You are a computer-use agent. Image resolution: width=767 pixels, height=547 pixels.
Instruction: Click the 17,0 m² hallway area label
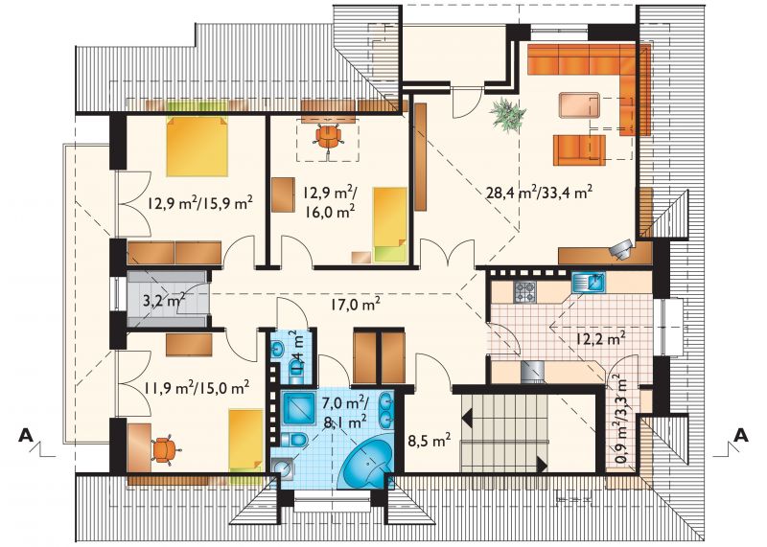pyautogui.click(x=354, y=304)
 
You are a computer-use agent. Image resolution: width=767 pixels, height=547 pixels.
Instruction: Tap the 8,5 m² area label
pyautogui.click(x=430, y=441)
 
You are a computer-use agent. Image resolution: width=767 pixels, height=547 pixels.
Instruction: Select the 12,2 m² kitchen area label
pyautogui.click(x=599, y=338)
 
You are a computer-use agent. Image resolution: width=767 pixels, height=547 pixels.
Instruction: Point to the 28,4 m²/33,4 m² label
pyautogui.click(x=539, y=192)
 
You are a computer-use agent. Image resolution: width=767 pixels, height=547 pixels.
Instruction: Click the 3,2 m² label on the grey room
pyautogui.click(x=163, y=300)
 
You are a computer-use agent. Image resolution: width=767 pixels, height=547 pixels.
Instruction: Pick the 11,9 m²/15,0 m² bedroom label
pyautogui.click(x=198, y=388)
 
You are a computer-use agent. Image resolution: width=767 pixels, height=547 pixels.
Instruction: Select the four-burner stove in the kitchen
pyautogui.click(x=525, y=292)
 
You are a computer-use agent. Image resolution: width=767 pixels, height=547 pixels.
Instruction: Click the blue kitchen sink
pyautogui.click(x=589, y=282)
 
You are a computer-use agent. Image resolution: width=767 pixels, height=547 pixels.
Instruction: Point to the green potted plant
pyautogui.click(x=508, y=114)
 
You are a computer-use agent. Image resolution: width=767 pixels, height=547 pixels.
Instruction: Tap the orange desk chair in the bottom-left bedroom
pyautogui.click(x=163, y=448)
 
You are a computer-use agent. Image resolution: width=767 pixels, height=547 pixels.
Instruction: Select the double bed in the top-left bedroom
pyautogui.click(x=198, y=147)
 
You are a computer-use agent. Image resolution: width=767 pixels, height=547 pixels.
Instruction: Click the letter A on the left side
pyautogui.click(x=27, y=435)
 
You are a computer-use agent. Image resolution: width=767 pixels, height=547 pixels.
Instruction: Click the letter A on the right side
pyautogui.click(x=742, y=435)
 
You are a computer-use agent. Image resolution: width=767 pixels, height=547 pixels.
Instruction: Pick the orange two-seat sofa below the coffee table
pyautogui.click(x=580, y=149)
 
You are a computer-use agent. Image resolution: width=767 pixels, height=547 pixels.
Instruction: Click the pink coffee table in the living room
pyautogui.click(x=580, y=104)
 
